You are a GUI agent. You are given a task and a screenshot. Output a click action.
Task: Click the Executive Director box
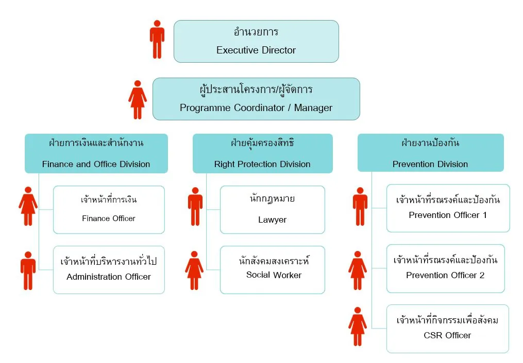(256, 41)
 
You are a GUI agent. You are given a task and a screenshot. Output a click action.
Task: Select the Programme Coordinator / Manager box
(256, 99)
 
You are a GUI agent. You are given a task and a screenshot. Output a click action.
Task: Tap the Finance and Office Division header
(96, 153)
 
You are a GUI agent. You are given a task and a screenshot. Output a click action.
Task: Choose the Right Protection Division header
(262, 153)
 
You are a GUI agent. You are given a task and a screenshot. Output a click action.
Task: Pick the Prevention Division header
(431, 153)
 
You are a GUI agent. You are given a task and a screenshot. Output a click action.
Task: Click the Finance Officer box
(109, 210)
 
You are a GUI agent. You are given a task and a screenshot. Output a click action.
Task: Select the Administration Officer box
(109, 270)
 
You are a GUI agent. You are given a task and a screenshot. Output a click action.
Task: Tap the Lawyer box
(273, 210)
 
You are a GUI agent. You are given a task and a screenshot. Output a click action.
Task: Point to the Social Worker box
(273, 270)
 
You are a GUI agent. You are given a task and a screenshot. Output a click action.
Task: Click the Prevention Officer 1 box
(448, 208)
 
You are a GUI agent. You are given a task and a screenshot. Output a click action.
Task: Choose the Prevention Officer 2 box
(446, 268)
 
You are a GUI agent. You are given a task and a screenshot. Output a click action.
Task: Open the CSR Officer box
(448, 329)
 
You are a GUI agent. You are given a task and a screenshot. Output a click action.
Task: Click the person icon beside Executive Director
(157, 39)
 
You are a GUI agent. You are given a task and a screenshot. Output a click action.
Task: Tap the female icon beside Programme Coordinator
(138, 99)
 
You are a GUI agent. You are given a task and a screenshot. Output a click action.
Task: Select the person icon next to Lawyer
(195, 206)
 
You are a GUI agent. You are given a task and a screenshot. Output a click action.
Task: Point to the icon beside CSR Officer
(358, 326)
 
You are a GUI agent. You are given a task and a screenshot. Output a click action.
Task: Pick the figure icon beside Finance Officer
(28, 206)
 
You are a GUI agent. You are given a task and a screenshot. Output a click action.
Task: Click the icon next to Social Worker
(194, 270)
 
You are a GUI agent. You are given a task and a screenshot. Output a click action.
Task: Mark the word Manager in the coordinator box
(313, 108)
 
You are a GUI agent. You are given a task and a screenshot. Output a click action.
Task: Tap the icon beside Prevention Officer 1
(360, 206)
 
